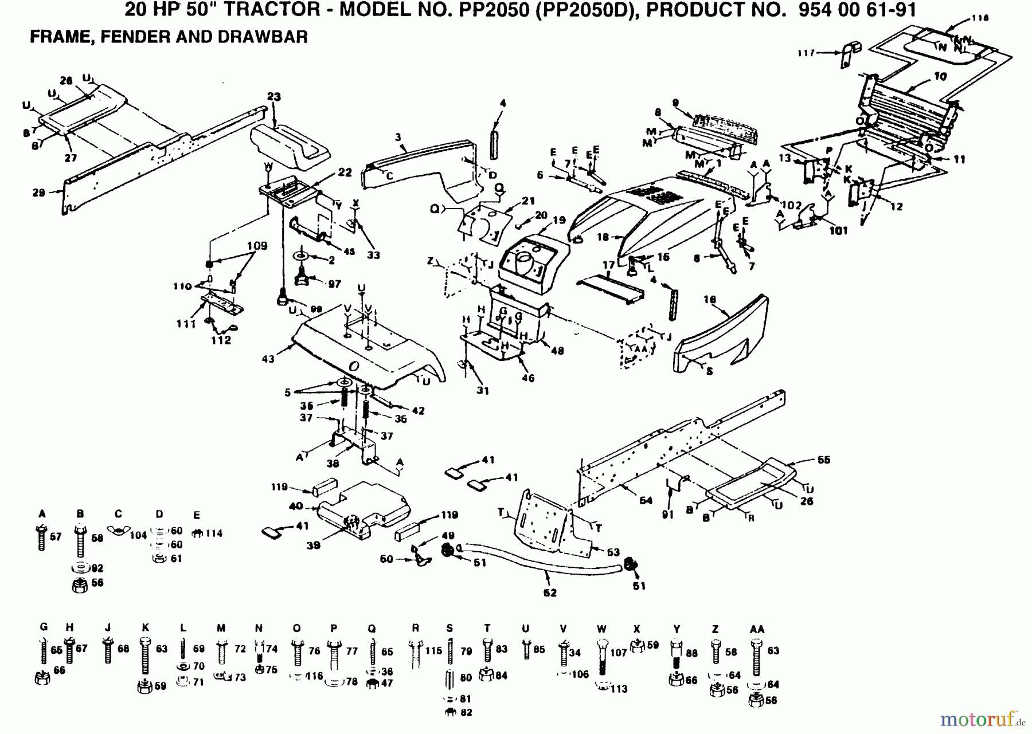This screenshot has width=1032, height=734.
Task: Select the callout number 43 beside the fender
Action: [x=268, y=359]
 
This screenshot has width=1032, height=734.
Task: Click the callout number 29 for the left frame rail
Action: [x=38, y=193]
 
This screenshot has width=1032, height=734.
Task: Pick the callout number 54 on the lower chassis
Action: [x=646, y=501]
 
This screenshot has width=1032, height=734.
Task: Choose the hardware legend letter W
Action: [x=601, y=629]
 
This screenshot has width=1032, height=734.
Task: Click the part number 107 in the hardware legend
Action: [x=619, y=653]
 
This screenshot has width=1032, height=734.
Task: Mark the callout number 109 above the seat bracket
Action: [x=257, y=246]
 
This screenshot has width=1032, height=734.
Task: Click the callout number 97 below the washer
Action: [x=334, y=284]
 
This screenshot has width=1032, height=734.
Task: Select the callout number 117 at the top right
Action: [x=806, y=53]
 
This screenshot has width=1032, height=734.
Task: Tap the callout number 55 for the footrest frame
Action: [x=823, y=460]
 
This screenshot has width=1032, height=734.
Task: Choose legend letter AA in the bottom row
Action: [x=757, y=629]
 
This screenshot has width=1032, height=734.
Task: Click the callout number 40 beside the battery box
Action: [x=296, y=506]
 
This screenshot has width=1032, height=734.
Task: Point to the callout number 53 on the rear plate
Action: [x=613, y=552]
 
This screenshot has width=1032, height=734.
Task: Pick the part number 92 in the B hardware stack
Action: [x=97, y=568]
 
